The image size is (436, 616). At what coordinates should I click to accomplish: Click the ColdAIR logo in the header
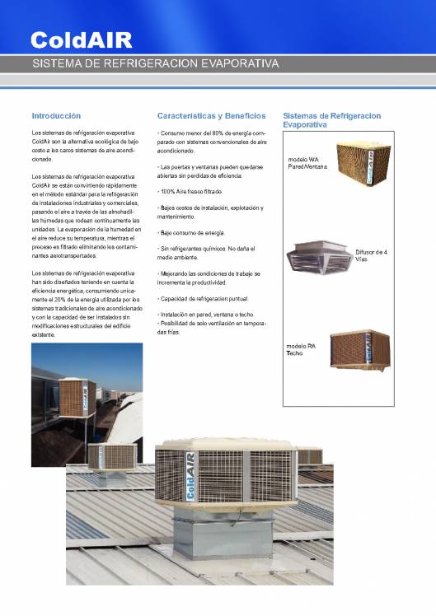(x=81, y=40)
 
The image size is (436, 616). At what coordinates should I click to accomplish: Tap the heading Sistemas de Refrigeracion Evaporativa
(x=331, y=120)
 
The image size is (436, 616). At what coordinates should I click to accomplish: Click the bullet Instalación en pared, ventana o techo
(x=206, y=315)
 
